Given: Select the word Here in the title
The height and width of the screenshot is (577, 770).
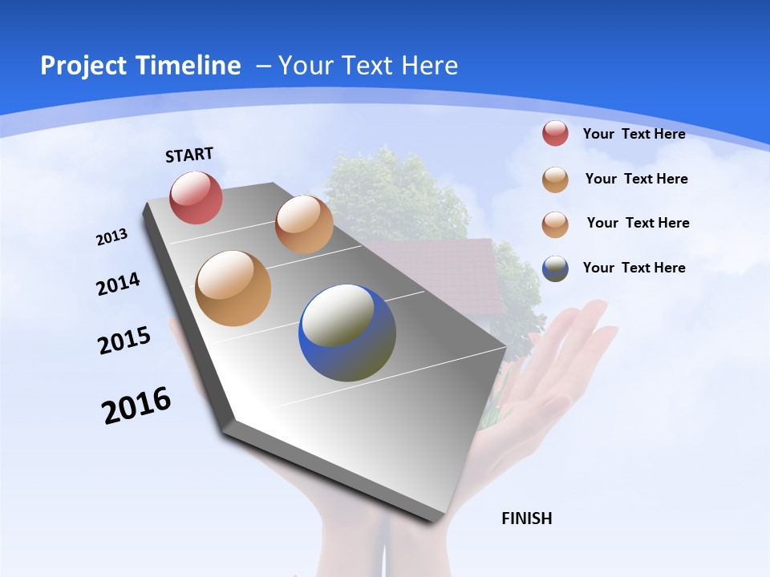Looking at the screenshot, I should click(x=429, y=66).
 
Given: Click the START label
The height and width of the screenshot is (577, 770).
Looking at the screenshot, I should click(x=189, y=155).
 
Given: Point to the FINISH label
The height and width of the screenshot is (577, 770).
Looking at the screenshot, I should click(x=527, y=518).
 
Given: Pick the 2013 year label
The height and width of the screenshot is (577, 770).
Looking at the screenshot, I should click(x=111, y=237).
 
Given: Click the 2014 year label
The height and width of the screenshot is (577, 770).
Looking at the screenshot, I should click(x=118, y=284).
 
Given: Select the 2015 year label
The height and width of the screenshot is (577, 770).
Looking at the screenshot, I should click(x=124, y=341).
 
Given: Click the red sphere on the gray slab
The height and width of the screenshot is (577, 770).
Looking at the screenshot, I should click(x=197, y=197).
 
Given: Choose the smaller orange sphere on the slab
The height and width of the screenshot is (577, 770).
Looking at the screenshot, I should click(x=304, y=224).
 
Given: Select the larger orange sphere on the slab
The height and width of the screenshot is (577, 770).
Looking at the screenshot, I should click(x=233, y=288).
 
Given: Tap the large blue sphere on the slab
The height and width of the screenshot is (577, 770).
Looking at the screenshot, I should click(x=347, y=333).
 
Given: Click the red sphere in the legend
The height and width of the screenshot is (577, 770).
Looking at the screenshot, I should click(x=555, y=133).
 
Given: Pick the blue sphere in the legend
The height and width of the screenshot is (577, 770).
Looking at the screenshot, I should click(x=555, y=268).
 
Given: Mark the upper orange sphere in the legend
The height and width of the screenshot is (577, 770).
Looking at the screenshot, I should click(x=555, y=180).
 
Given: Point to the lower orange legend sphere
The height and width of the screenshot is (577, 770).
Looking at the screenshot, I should click(x=555, y=224).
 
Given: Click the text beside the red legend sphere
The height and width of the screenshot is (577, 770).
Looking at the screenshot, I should click(x=634, y=134).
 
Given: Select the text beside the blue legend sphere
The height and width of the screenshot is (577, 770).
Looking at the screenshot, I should click(x=634, y=268).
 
